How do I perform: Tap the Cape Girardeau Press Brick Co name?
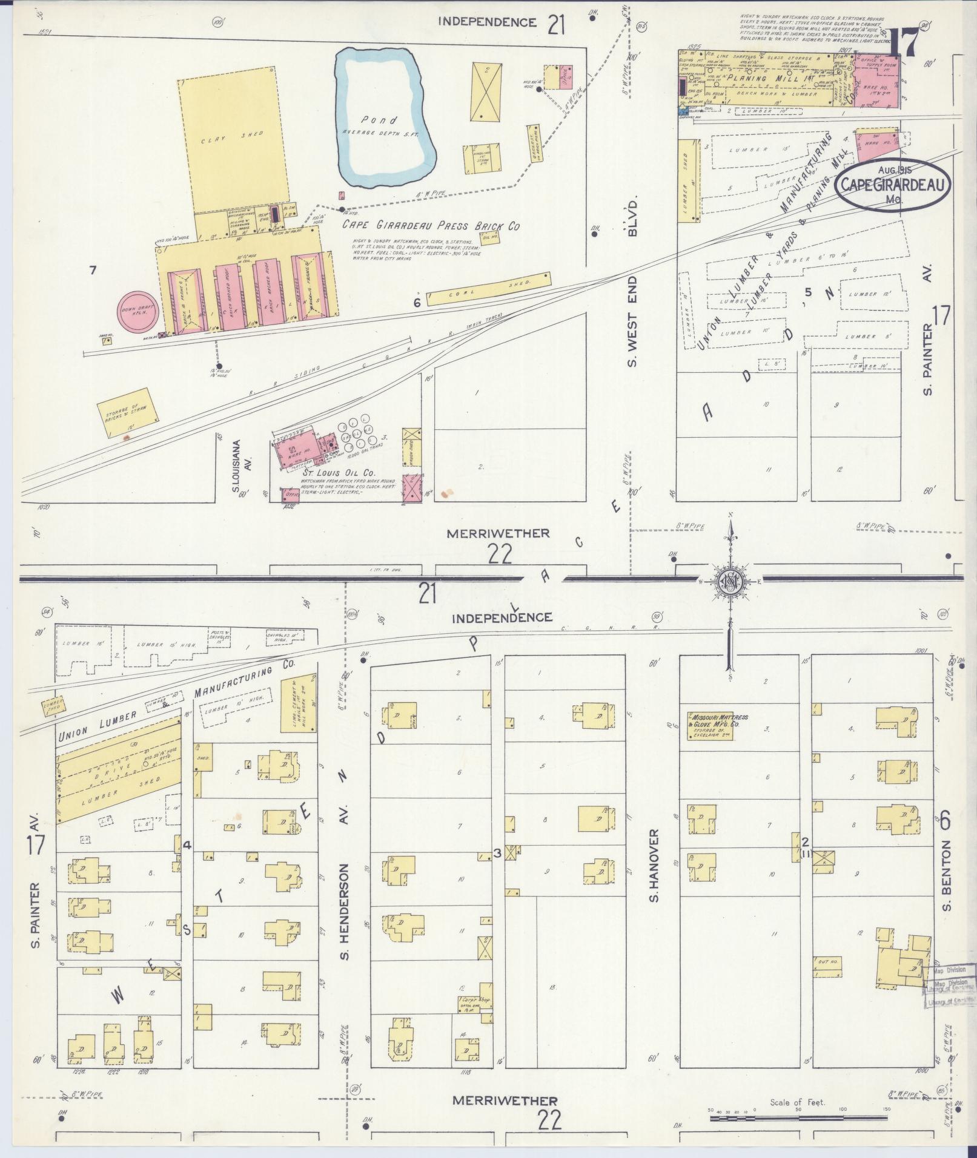point(431,225)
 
